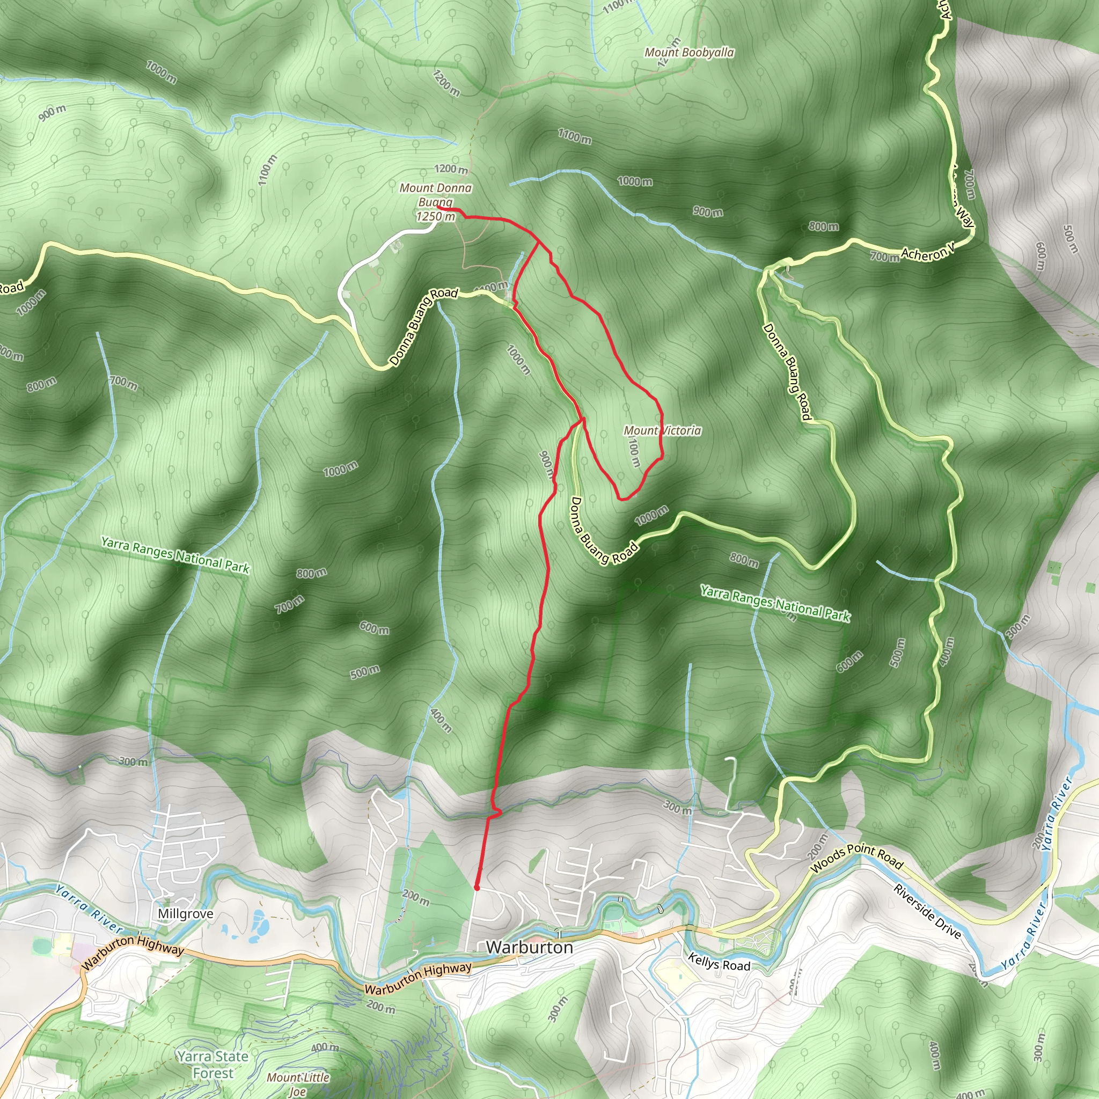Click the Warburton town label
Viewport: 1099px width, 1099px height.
tap(529, 947)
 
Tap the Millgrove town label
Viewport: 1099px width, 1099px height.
tap(186, 913)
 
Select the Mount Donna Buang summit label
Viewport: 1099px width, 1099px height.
tap(436, 195)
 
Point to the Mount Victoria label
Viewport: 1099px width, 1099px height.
tap(662, 430)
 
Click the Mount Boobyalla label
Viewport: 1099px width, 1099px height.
tap(689, 53)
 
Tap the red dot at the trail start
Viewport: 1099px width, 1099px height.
tap(477, 888)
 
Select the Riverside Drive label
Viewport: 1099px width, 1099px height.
tap(927, 911)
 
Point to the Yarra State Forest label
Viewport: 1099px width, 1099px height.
tap(213, 1064)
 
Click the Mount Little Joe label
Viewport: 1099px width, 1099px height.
tap(298, 1083)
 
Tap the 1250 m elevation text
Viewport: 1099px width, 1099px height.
tap(436, 217)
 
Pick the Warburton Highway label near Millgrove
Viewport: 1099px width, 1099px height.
tap(133, 953)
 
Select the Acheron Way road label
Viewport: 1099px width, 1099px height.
tap(927, 254)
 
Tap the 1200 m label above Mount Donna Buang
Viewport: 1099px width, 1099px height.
tap(451, 169)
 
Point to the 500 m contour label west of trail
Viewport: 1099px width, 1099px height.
tap(364, 672)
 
